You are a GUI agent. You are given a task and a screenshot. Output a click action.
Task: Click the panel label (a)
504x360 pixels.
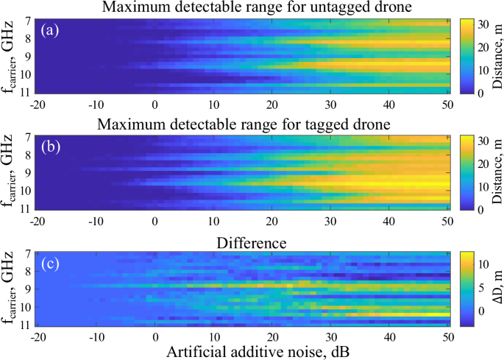pyautogui.click(x=55, y=31)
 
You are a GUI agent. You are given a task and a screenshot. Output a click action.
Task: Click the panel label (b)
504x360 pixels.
pyautogui.click(x=55, y=147)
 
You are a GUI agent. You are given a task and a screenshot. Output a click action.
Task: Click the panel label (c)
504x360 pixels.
pyautogui.click(x=55, y=263)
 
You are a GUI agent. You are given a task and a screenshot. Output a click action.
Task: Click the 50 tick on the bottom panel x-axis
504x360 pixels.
pyautogui.click(x=447, y=336)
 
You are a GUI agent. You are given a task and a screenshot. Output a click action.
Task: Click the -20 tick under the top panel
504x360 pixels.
pyautogui.click(x=38, y=104)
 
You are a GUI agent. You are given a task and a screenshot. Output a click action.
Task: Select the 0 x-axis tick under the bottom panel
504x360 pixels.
pyautogui.click(x=155, y=336)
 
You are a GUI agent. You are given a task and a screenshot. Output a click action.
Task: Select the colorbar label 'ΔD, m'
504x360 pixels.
pyautogui.click(x=494, y=288)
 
